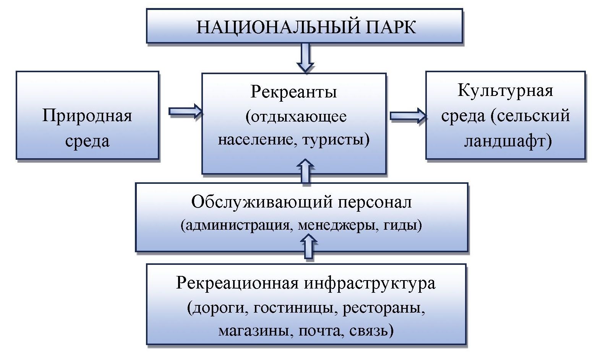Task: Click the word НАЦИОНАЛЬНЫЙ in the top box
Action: (278, 27)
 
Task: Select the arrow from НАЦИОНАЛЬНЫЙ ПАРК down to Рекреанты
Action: (305, 57)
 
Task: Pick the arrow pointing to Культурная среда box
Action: (408, 116)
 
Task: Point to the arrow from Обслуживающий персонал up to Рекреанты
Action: (305, 172)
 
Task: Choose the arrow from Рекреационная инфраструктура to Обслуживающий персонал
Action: (309, 246)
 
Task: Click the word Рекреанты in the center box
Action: (293, 92)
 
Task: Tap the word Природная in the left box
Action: (87, 115)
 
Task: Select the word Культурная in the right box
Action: (505, 91)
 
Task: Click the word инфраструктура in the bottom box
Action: (370, 284)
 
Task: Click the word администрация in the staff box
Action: (237, 225)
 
